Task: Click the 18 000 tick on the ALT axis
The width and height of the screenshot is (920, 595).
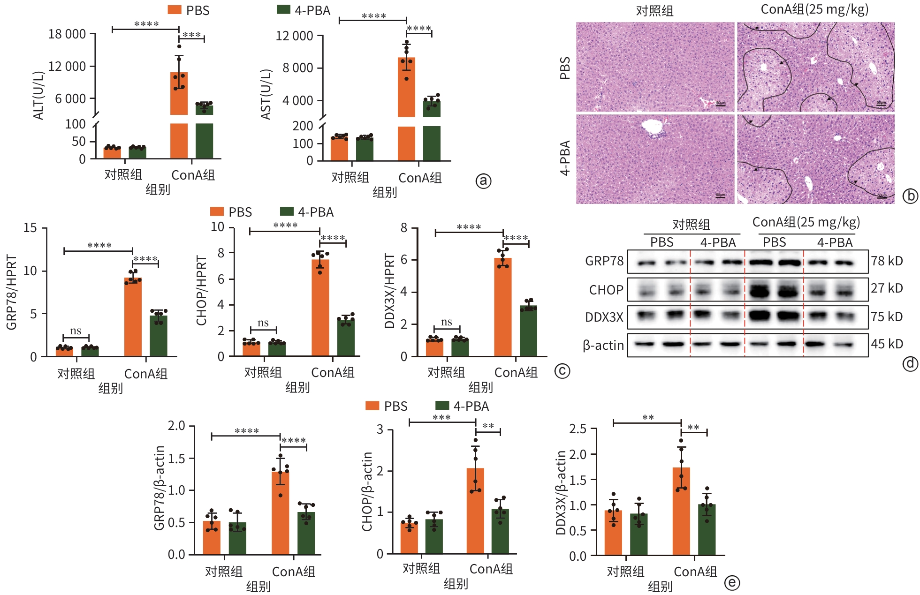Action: [x=67, y=34]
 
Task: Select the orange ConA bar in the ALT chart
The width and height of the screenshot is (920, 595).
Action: [x=179, y=94]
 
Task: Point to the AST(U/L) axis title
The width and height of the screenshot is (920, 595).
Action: [x=266, y=94]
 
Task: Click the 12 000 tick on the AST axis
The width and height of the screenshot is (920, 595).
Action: [x=294, y=36]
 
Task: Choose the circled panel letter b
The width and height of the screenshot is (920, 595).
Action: [x=910, y=196]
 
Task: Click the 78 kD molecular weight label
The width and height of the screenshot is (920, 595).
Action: [x=887, y=261]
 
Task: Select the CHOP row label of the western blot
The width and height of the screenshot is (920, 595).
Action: [x=606, y=290]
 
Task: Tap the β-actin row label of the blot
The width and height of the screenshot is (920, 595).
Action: [x=603, y=346]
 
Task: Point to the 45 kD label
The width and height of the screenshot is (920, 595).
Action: [x=887, y=344]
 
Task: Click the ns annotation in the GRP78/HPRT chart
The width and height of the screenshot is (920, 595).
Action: [x=76, y=331]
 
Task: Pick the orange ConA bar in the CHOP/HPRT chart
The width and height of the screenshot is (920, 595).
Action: [x=320, y=307]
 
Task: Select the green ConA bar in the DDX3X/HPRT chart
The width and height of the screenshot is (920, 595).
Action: [x=528, y=331]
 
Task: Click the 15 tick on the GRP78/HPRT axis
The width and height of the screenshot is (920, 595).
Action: [x=30, y=228]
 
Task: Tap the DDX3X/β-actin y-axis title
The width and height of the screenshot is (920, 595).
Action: [x=560, y=492]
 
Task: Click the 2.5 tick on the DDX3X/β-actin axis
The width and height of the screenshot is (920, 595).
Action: [x=578, y=429]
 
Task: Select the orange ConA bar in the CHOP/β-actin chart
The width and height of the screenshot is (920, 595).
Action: [x=475, y=511]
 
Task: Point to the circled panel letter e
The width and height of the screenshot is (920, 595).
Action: [x=732, y=583]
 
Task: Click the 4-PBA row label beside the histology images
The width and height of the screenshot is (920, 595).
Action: [x=565, y=158]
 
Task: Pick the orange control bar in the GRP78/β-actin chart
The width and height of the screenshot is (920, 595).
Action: [x=212, y=538]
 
